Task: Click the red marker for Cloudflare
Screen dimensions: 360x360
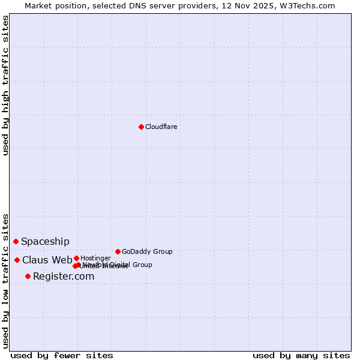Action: tap(141, 127)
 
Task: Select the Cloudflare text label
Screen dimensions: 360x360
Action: tap(161, 127)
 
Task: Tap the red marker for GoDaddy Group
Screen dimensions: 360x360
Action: tap(118, 251)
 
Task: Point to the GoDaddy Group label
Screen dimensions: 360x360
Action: tap(147, 251)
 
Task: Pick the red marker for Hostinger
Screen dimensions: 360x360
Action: tap(76, 258)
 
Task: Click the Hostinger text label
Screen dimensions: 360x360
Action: tap(95, 258)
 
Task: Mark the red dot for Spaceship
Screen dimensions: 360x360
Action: tap(16, 241)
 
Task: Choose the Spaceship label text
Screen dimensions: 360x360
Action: tap(45, 242)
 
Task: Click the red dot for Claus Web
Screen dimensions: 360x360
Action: tap(17, 260)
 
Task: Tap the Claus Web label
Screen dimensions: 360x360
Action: tap(47, 260)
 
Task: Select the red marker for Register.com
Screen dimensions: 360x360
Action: tap(28, 276)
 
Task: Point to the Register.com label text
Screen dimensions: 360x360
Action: tap(64, 276)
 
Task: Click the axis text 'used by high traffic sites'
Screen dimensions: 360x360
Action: tap(5, 85)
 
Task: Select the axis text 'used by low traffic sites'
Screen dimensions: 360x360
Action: tap(5, 280)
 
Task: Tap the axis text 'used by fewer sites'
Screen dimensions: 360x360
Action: tap(62, 355)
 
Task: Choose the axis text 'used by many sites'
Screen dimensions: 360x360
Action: tap(301, 355)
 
